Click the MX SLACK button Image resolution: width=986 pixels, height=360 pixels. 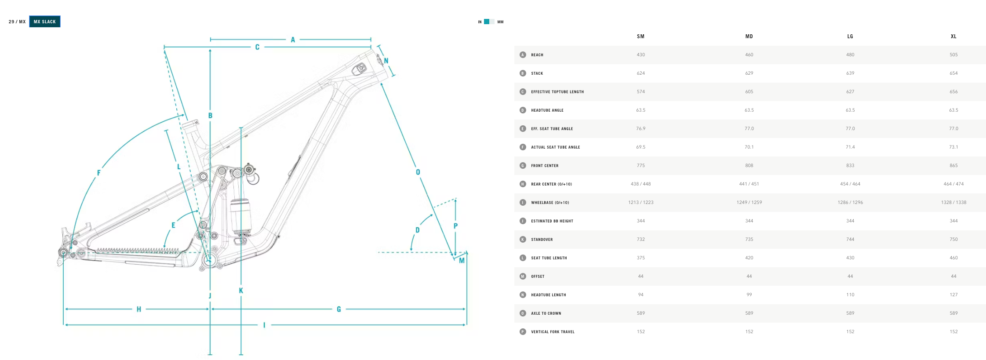[45, 22]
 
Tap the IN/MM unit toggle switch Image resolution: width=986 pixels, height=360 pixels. [489, 22]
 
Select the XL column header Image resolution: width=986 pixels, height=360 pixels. [953, 36]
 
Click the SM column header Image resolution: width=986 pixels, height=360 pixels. [640, 36]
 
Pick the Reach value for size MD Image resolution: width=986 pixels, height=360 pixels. [749, 55]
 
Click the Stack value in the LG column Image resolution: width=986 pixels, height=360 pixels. [850, 73]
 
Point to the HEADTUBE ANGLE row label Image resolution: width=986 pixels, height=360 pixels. [547, 110]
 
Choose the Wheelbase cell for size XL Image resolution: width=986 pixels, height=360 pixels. [953, 203]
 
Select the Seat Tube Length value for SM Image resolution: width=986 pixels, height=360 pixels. [640, 258]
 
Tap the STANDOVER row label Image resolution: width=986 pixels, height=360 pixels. [542, 240]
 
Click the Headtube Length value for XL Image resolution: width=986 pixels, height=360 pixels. [953, 295]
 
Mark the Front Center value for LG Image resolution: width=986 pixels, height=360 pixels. [850, 166]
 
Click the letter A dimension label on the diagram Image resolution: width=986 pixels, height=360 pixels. [293, 40]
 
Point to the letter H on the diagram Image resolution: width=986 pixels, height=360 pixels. [139, 309]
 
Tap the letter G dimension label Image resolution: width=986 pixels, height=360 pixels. [338, 309]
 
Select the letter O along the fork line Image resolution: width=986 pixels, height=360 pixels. [418, 172]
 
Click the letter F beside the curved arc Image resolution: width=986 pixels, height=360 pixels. [98, 173]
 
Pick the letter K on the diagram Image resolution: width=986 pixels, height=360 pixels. [241, 291]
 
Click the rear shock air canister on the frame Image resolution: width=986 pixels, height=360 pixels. [241, 215]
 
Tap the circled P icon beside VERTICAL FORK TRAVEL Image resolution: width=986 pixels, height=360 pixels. [523, 332]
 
